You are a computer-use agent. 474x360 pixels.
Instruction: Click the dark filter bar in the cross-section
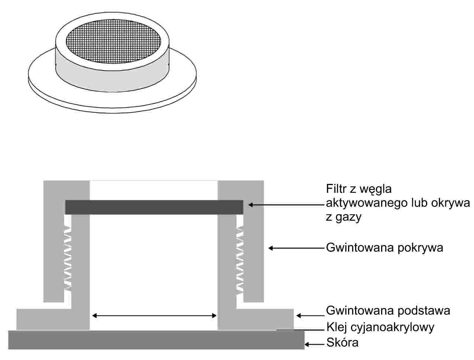click(154, 207)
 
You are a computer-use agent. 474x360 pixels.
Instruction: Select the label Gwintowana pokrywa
click(384, 248)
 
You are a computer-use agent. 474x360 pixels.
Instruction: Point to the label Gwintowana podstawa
click(388, 310)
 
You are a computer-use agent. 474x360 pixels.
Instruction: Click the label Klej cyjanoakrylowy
click(380, 327)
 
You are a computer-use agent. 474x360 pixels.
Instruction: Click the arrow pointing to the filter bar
click(286, 204)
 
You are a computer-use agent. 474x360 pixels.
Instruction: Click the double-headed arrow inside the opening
click(154, 316)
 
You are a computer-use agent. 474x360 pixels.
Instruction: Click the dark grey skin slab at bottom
click(156, 340)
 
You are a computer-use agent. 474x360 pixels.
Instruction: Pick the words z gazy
click(343, 217)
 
